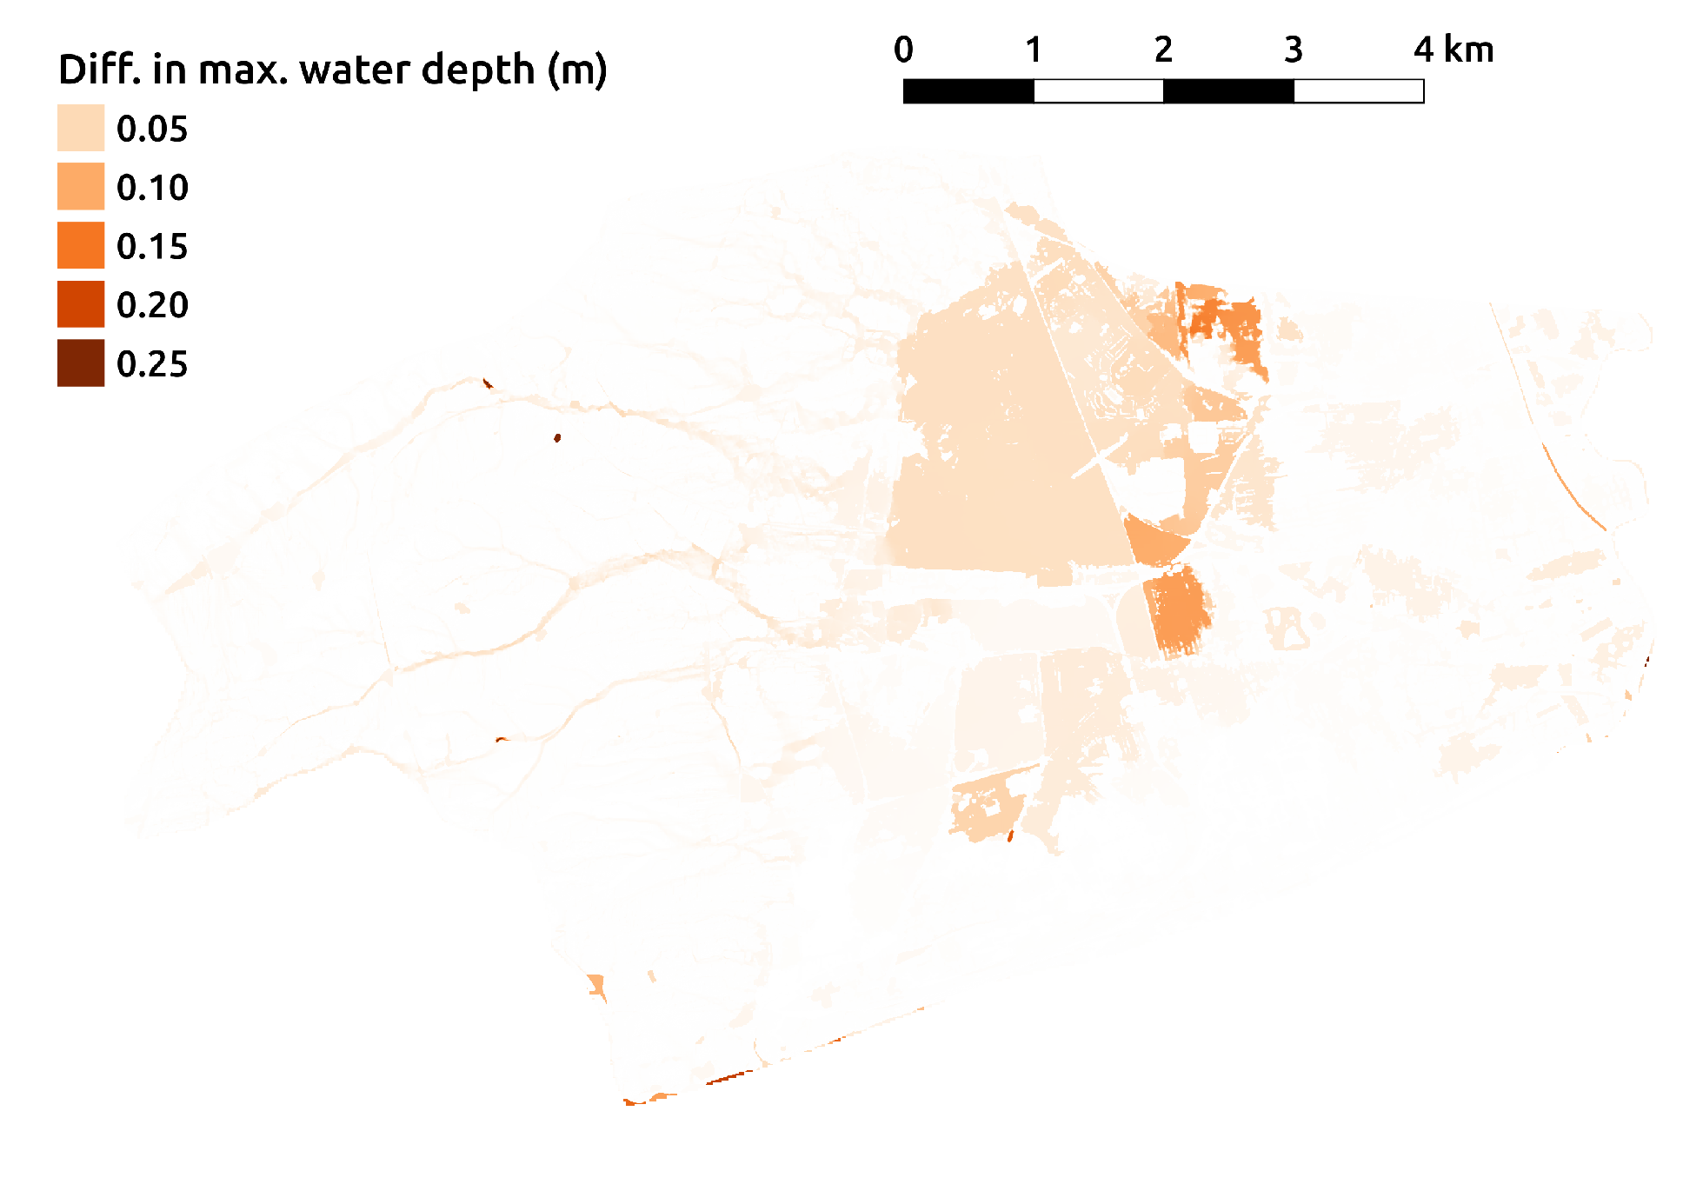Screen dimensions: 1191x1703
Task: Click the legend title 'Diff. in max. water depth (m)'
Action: coord(332,70)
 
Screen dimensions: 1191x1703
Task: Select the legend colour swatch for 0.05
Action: coord(81,128)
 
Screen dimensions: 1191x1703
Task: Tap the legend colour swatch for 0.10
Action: coord(81,186)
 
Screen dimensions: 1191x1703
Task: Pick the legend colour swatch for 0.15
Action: coord(81,245)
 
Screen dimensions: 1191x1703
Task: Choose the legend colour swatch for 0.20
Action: coord(81,304)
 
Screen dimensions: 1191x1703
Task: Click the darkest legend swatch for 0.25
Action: coord(81,363)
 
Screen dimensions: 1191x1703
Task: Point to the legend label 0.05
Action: coord(152,130)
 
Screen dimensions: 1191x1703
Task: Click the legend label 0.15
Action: coord(152,247)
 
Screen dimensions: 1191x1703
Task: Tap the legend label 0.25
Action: coord(152,364)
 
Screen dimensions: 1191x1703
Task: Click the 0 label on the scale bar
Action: coord(903,50)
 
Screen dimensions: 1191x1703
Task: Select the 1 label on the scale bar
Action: coord(1033,50)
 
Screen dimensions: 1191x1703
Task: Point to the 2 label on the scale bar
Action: coord(1163,50)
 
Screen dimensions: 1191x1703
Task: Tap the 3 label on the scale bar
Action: coord(1294,50)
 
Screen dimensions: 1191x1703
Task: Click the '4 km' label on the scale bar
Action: coord(1454,50)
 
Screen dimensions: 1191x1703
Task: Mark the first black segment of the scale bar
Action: coord(968,91)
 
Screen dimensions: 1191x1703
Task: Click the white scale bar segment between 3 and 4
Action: coord(1359,91)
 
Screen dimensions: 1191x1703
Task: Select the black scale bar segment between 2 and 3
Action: coord(1228,91)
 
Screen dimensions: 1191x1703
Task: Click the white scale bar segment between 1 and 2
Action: coord(1099,91)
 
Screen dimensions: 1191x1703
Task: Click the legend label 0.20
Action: coord(152,305)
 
